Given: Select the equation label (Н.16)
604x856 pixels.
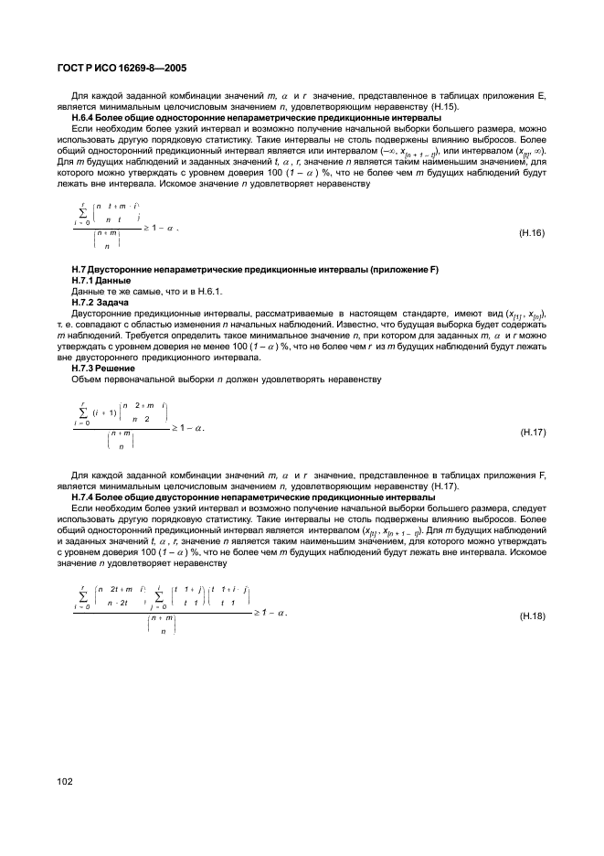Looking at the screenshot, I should [531, 233].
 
